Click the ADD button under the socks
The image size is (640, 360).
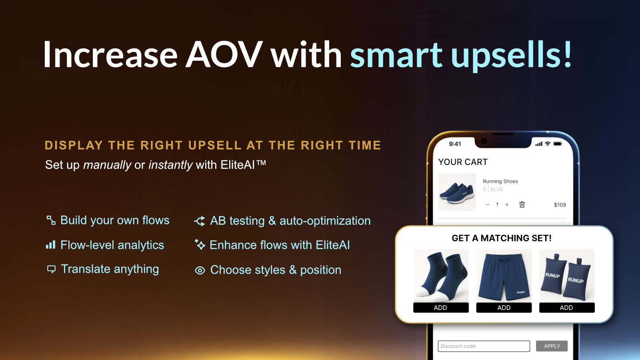(441, 308)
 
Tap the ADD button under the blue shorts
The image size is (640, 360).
(504, 308)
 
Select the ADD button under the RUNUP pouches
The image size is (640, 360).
(567, 308)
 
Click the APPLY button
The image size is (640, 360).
(552, 346)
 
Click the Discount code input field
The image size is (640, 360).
(484, 346)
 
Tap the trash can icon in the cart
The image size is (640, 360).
(522, 204)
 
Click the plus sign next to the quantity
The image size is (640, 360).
(507, 204)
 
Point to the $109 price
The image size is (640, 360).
(560, 205)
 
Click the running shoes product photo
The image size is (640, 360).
(457, 192)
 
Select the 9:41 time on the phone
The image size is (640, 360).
(455, 144)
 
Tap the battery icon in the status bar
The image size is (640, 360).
(558, 144)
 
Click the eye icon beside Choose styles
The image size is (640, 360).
(200, 270)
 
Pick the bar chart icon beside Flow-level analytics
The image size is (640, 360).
(50, 245)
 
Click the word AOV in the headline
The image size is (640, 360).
(224, 54)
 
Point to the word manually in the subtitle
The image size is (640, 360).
(107, 165)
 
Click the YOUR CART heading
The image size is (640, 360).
(463, 162)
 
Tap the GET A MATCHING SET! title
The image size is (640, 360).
(502, 238)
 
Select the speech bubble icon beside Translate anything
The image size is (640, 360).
(51, 269)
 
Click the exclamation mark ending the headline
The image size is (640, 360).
(568, 54)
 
